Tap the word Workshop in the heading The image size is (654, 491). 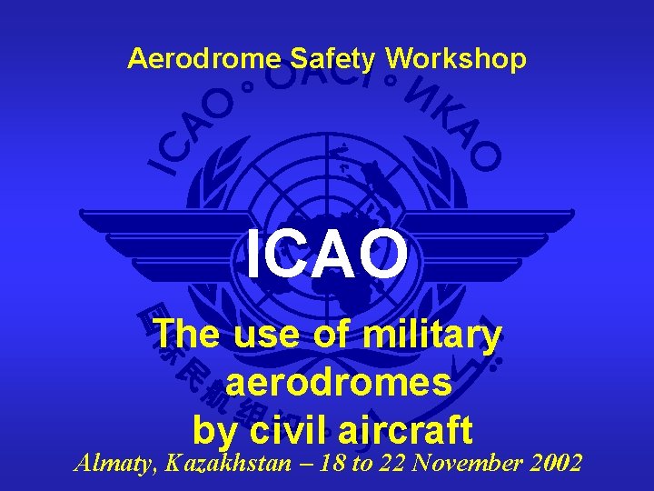[455, 59]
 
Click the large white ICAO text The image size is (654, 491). [327, 256]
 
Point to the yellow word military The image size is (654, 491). [431, 336]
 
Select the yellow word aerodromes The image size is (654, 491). [339, 383]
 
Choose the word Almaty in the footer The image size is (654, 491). [114, 463]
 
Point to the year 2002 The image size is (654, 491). [553, 463]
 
